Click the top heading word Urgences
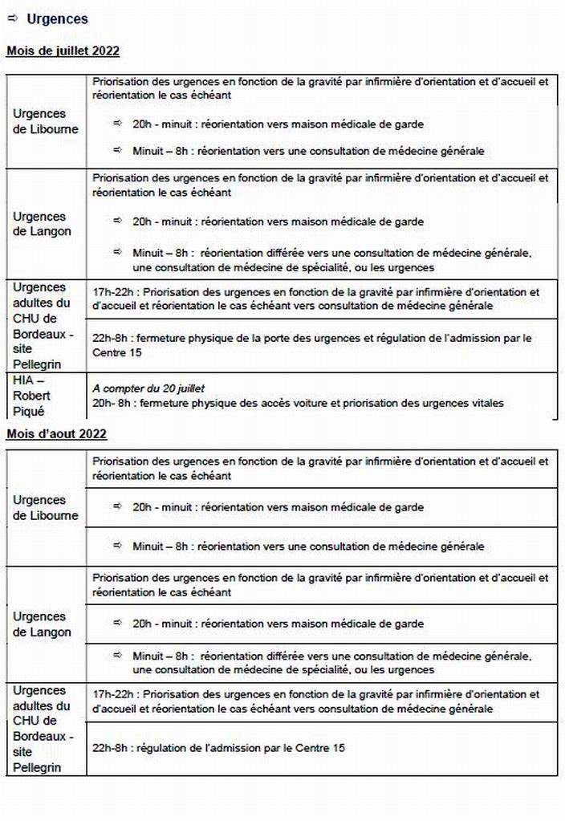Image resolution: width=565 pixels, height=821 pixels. coord(58,19)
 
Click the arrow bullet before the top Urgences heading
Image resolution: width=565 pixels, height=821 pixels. coord(12,18)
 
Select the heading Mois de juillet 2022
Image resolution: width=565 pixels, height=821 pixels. coord(63,51)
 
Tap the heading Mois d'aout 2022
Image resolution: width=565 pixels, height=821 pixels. coord(56,434)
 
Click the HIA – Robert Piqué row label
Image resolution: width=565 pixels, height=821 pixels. coord(31,396)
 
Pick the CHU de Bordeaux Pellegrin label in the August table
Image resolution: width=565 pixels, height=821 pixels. coord(41,729)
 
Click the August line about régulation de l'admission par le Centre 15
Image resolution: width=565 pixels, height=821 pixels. coord(219,748)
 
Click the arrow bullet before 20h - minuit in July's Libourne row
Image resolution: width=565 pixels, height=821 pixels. coord(117,124)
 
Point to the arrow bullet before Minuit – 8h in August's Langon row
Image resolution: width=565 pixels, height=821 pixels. coord(117,655)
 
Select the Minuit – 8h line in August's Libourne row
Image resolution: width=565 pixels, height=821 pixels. coord(308,547)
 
